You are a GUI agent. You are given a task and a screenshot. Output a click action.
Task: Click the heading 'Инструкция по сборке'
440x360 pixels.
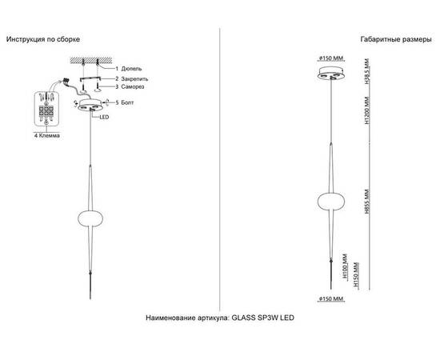pos(43,39)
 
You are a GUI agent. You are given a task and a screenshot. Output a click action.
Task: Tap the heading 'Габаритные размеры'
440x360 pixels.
pos(396,39)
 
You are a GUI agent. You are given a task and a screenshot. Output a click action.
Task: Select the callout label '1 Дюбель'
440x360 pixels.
pos(129,69)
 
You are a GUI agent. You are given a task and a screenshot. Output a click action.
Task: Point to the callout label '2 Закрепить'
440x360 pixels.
pos(132,79)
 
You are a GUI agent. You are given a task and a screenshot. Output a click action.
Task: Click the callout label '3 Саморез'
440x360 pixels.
pos(130,86)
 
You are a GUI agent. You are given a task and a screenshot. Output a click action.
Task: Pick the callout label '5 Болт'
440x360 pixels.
pos(125,102)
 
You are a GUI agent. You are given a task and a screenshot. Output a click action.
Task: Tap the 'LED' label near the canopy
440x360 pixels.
pos(104,118)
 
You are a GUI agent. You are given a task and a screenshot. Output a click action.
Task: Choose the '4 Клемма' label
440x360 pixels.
pos(47,135)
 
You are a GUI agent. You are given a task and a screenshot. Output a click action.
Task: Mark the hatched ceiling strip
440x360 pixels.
pos(91,60)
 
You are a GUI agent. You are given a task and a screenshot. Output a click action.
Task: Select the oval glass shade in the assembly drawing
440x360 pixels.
pos(90,219)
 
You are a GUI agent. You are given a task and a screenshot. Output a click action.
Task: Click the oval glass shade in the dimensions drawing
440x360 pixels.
pos(331,201)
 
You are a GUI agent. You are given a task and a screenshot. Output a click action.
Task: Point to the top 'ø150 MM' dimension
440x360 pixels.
pos(331,58)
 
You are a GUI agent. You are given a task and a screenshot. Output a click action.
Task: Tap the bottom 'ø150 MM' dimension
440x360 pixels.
pos(331,299)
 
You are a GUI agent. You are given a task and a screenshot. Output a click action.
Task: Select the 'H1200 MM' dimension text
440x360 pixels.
pos(367,111)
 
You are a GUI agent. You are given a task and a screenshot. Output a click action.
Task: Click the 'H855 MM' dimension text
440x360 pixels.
pos(367,202)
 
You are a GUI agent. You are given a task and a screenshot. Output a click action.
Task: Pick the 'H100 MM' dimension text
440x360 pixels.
pos(345,266)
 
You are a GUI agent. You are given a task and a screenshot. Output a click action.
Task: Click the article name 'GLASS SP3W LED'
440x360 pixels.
pos(263,318)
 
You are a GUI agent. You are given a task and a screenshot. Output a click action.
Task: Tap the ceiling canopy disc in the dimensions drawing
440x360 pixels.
pos(331,74)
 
